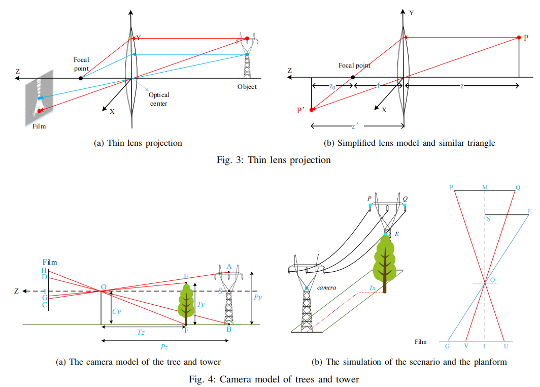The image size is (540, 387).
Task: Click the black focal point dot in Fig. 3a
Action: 81,78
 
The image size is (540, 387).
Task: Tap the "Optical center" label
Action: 159,99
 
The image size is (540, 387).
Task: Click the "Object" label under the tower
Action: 247,87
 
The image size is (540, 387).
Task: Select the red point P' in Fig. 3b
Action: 312,110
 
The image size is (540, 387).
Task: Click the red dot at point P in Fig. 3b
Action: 519,38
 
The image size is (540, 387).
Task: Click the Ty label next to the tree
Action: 201,305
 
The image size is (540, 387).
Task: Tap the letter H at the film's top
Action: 44,271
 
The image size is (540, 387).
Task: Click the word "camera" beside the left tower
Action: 327,288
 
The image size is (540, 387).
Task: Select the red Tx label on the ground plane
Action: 373,287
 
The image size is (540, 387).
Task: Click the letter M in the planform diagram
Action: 485,187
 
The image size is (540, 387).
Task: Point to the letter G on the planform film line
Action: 447,346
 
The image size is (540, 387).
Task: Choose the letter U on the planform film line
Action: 505,346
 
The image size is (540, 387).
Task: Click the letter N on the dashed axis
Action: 488,219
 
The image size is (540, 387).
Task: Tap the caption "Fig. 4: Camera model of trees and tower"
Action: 274,379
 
